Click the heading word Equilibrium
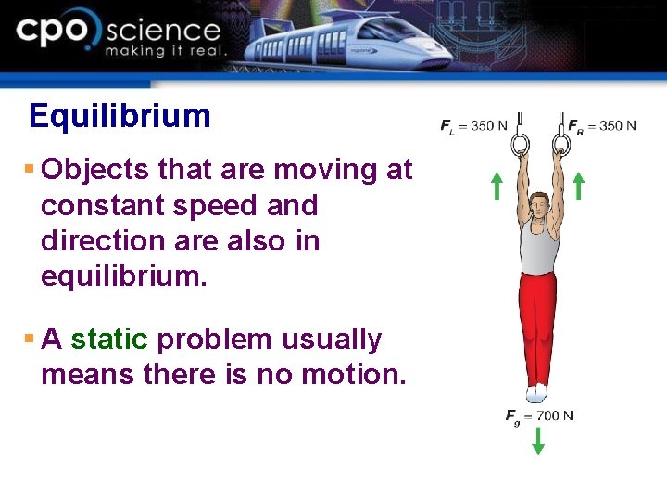[120, 116]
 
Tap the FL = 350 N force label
[473, 125]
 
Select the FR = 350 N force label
[601, 125]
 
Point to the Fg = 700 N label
[538, 416]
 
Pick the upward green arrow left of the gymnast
[497, 186]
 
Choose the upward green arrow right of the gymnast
[578, 186]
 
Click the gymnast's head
[537, 204]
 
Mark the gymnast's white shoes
[537, 392]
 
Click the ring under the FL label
[519, 142]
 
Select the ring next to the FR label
[560, 142]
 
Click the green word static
[109, 340]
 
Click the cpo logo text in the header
[56, 32]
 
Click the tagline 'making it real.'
[165, 52]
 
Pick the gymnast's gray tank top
[538, 246]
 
